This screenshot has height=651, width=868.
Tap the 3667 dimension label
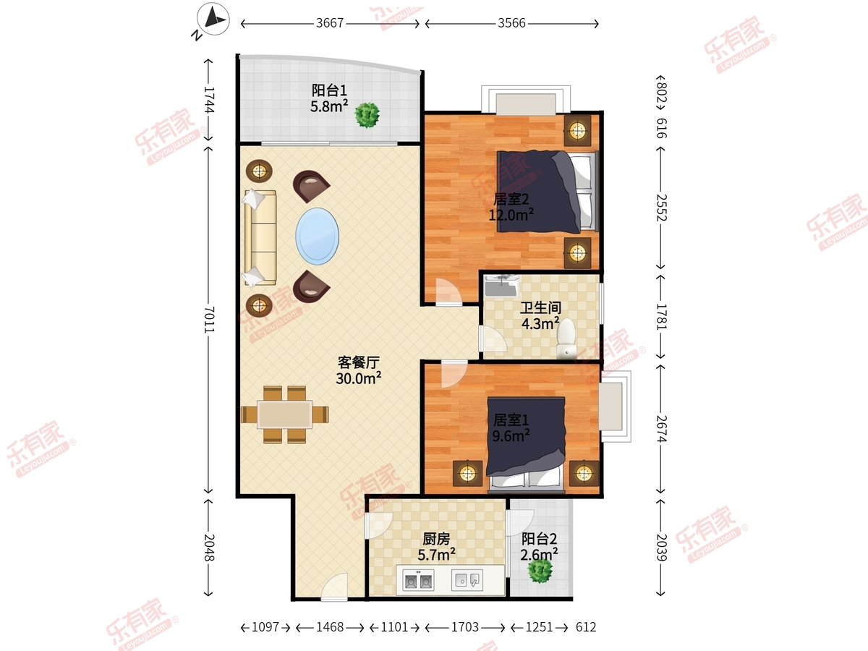[x=330, y=23]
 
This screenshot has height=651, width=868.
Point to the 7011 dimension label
[x=209, y=320]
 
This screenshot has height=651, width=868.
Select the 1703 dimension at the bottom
[x=465, y=627]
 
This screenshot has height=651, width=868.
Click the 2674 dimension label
[x=661, y=429]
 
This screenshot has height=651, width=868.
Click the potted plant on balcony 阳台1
[x=367, y=115]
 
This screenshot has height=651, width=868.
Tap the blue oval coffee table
[x=317, y=236]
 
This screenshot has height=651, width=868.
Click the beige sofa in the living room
[x=260, y=237]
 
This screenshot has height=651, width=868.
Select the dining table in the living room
[x=285, y=414]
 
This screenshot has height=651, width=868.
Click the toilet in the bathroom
[x=566, y=338]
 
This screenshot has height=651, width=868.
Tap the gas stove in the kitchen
[x=418, y=580]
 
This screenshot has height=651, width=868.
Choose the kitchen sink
[x=467, y=580]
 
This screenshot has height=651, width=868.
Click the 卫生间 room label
[x=540, y=307]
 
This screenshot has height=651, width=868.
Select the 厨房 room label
[x=436, y=538]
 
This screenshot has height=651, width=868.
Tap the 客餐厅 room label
[x=358, y=362]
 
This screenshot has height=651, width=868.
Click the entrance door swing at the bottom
[x=335, y=587]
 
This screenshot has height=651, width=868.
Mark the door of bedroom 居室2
[x=449, y=292]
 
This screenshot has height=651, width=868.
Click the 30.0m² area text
[x=358, y=378]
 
